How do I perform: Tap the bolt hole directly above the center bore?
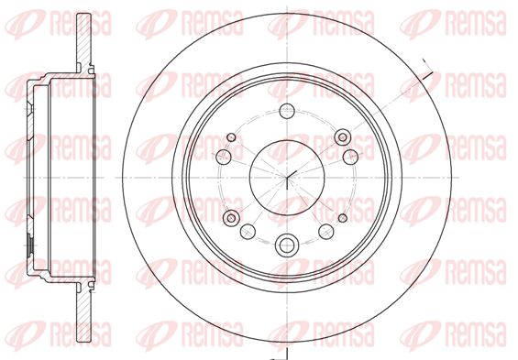[x=287, y=111]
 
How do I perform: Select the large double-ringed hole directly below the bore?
[x=287, y=245]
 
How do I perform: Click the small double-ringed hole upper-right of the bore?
[x=343, y=137]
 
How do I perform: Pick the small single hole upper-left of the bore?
[x=231, y=137]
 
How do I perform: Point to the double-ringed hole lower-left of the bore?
[x=231, y=218]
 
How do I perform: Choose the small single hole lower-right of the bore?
[x=343, y=218]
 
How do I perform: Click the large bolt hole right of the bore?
[x=350, y=157]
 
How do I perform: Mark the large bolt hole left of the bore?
[x=224, y=156]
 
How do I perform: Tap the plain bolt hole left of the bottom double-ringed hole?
[x=248, y=232]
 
